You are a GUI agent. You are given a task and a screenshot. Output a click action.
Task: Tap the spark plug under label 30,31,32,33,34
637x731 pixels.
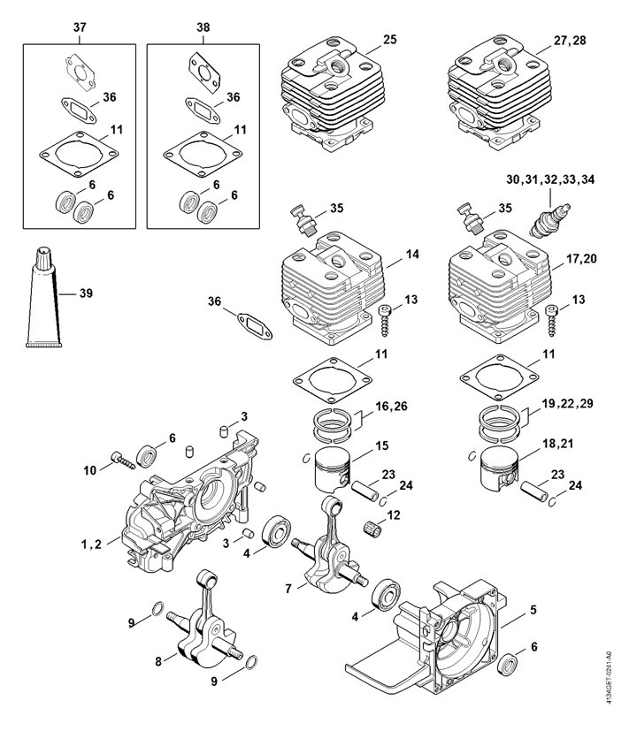[550, 221]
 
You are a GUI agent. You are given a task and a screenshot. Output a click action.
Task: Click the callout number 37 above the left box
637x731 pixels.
[80, 27]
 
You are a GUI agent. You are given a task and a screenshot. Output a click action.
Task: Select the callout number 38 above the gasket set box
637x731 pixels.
[203, 27]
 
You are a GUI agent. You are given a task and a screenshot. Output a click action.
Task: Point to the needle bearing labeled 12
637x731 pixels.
[372, 529]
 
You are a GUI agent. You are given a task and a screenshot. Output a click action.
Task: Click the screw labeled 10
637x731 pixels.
[123, 460]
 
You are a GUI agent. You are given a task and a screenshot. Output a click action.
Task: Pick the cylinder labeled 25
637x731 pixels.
[333, 93]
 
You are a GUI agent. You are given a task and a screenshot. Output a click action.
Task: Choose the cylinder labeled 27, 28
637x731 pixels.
[499, 92]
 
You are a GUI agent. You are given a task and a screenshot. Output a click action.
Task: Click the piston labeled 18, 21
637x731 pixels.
[499, 468]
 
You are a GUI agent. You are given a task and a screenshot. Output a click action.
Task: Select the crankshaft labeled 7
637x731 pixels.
[329, 547]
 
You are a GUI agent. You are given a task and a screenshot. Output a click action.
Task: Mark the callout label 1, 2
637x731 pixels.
[91, 544]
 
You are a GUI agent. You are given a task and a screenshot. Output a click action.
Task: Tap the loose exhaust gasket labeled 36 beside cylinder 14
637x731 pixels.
[256, 326]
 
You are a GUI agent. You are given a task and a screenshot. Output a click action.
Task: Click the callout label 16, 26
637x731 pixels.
[391, 406]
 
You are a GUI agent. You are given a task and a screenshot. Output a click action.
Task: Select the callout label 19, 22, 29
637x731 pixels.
[567, 403]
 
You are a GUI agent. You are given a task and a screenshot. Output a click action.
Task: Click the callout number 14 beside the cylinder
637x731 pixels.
[412, 254]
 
